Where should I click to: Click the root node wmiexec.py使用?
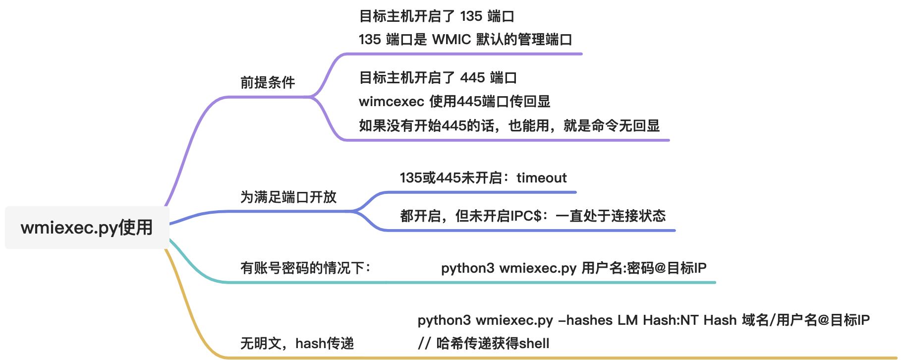tap(87, 228)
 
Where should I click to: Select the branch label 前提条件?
tap(268, 82)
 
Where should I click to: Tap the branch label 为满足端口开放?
tap(288, 197)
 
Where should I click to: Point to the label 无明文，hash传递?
tap(297, 343)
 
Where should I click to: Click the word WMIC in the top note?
tap(451, 40)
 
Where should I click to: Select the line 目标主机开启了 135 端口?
tap(437, 16)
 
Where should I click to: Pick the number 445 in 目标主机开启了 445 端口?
tap(472, 78)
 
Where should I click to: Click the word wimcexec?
tap(391, 102)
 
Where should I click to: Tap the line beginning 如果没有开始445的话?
tap(509, 126)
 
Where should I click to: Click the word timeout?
tap(541, 178)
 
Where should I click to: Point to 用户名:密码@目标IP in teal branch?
tap(644, 268)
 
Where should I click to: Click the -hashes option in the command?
tap(585, 320)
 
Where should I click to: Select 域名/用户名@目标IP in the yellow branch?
tap(805, 320)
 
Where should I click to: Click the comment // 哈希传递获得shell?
tap(484, 343)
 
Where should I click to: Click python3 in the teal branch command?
tap(467, 268)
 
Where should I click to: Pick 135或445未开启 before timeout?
tap(451, 178)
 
